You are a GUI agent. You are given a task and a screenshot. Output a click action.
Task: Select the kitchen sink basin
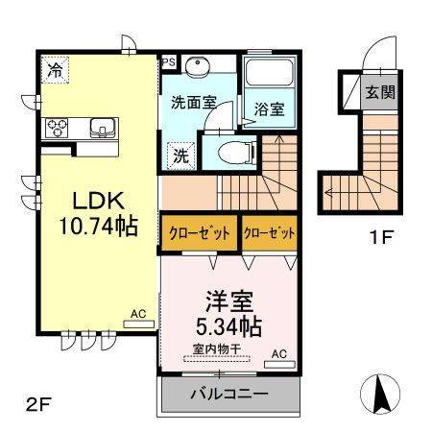[x=101, y=127]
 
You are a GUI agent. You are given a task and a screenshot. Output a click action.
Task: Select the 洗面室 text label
[x=194, y=102]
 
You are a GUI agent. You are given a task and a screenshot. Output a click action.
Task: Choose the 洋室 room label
[x=228, y=299]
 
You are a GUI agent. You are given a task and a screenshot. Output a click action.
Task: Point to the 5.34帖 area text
[x=228, y=326]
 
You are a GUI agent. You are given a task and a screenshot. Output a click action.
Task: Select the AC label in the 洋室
[x=278, y=353]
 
